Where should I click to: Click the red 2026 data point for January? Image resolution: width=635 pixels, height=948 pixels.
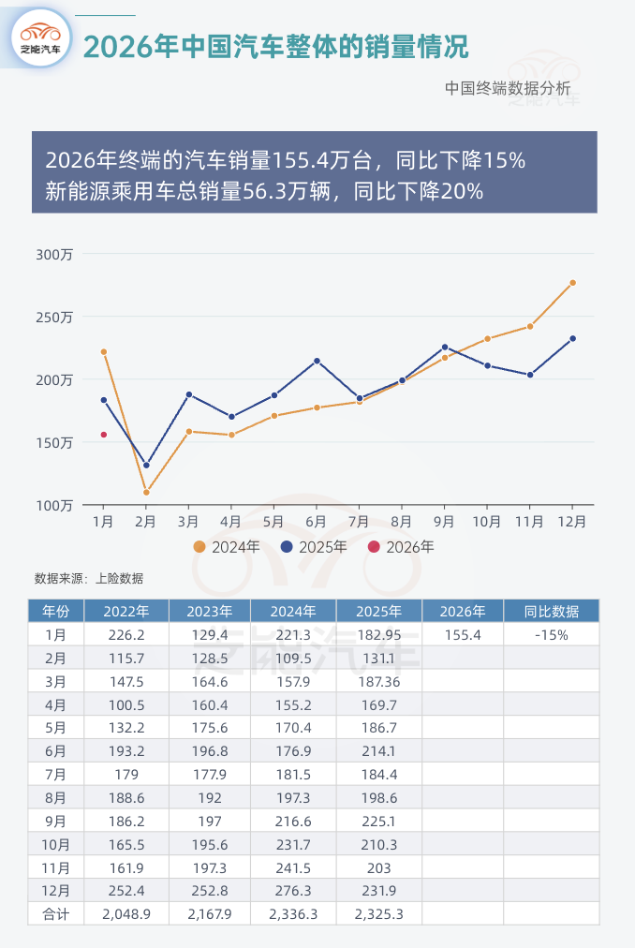(104, 435)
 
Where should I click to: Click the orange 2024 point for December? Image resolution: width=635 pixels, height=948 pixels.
(572, 283)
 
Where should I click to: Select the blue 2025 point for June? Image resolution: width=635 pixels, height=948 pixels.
(317, 361)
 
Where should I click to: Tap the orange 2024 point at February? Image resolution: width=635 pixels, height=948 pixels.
(146, 492)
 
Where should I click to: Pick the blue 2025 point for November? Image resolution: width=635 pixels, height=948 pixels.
(530, 375)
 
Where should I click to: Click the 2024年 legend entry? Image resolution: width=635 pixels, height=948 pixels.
(227, 547)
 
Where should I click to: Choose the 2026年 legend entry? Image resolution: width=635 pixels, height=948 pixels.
(401, 547)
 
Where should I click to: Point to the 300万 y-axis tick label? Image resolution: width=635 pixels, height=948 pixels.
(54, 254)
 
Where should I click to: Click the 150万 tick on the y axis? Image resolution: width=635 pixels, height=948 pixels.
(54, 442)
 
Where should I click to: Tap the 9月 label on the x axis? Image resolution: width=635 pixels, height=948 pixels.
(444, 520)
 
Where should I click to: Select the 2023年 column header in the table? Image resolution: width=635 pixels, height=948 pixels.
(210, 612)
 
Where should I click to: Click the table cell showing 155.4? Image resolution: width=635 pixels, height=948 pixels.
(463, 635)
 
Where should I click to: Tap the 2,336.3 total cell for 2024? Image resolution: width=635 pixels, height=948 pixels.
(293, 913)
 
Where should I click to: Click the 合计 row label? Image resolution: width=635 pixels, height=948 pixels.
(55, 913)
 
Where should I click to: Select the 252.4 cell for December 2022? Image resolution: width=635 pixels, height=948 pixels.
(126, 890)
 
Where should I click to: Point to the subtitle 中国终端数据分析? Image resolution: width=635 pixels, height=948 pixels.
(508, 88)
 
